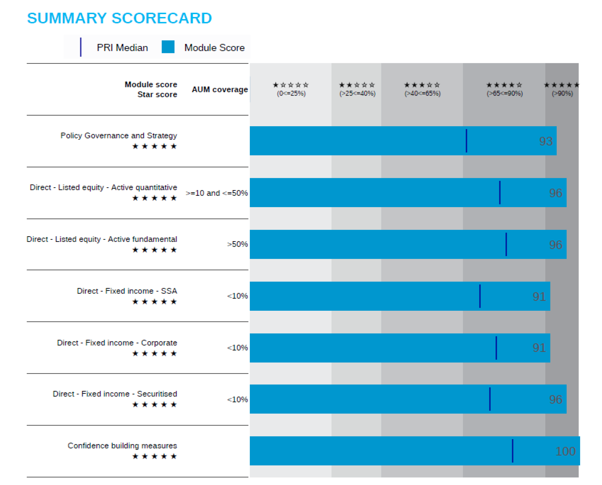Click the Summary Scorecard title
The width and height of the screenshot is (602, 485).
point(119,18)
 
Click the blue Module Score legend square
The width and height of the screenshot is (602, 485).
point(168,47)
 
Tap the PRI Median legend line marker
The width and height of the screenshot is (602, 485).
point(81,47)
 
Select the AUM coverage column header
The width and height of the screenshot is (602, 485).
point(220,89)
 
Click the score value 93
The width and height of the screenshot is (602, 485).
point(546,141)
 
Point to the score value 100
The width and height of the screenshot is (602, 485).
point(565,451)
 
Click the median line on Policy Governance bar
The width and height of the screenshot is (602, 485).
point(466,141)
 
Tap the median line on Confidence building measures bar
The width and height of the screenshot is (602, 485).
point(512,451)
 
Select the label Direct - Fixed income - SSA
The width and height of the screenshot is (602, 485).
point(127,291)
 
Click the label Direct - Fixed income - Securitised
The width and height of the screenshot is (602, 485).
point(115,394)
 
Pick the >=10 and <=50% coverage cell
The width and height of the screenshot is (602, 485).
point(217,193)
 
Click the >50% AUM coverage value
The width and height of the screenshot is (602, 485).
point(237,244)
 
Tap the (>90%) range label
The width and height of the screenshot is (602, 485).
point(562,93)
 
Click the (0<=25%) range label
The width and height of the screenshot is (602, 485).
point(291,93)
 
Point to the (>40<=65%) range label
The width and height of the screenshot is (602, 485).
point(422,93)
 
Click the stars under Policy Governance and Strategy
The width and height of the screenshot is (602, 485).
point(154,146)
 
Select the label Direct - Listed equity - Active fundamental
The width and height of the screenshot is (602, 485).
point(102,239)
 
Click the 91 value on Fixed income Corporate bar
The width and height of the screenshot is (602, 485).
point(539,348)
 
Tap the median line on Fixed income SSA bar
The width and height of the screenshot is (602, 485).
point(480,296)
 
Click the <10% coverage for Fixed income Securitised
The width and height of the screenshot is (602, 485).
point(237,399)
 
